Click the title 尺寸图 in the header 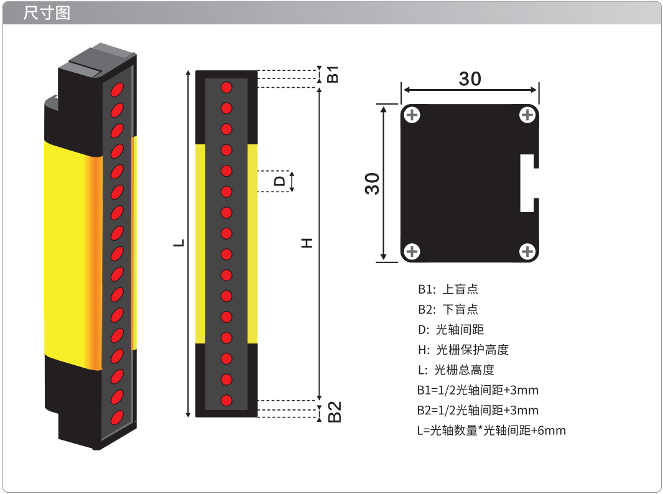click(x=47, y=13)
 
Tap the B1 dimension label click(x=333, y=74)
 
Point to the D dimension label click(x=279, y=182)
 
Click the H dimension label click(x=307, y=243)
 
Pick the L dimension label click(x=179, y=243)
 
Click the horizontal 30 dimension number click(x=470, y=79)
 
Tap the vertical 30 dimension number click(x=372, y=184)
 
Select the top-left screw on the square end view click(x=412, y=115)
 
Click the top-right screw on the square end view click(x=527, y=115)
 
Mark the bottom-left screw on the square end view click(x=412, y=251)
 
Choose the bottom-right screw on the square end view click(x=527, y=251)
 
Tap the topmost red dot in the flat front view click(x=226, y=88)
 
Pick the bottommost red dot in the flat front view click(x=226, y=400)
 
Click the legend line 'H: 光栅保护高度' click(x=463, y=350)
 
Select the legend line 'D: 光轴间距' click(x=451, y=330)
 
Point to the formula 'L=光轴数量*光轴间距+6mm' click(x=491, y=431)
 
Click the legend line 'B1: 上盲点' click(x=448, y=289)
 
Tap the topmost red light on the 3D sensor click(x=117, y=90)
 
